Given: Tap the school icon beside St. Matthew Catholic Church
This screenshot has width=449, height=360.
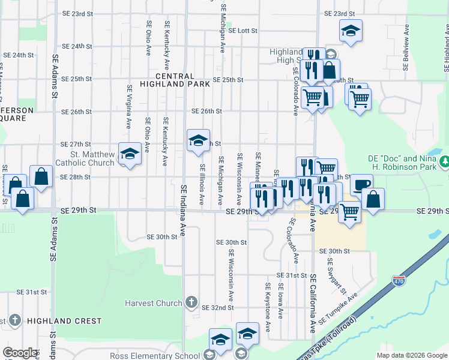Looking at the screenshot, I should tap(128, 154).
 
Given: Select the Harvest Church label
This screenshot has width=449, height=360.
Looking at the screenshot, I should tap(153, 303).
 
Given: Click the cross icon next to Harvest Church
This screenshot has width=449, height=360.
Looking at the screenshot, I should tap(191, 302).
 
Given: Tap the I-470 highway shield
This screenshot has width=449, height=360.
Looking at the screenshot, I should tap(398, 280).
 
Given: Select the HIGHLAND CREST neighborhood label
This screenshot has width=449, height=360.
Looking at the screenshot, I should tap(63, 321).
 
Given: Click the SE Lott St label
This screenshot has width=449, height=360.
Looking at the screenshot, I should tap(238, 30).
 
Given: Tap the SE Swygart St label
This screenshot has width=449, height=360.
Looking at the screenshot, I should tap(336, 277).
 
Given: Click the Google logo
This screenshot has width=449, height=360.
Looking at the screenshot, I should tap(20, 353).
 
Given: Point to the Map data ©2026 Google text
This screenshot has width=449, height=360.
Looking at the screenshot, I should tap(411, 355).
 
